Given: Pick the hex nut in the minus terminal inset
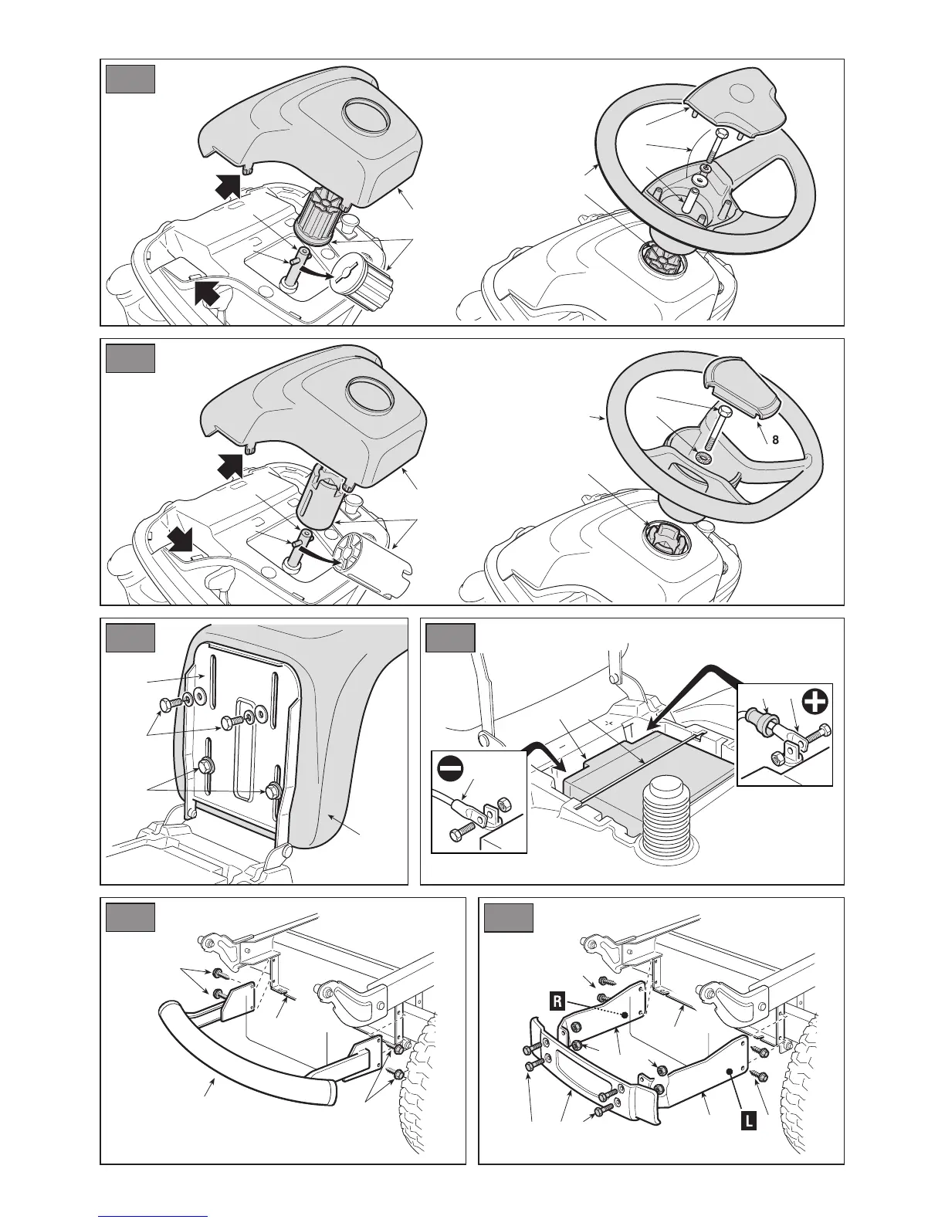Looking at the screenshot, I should point(501,805).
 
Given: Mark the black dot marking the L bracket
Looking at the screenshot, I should point(729,1071).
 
